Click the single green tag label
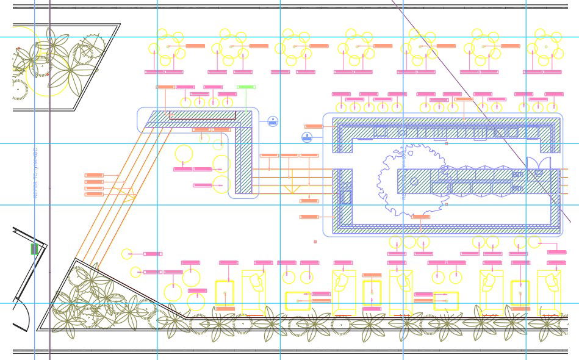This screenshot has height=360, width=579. click(246, 87)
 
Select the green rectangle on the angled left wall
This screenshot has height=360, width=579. click(34, 249)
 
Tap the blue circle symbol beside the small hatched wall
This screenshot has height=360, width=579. click(273, 121)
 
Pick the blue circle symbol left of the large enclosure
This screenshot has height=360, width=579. click(307, 137)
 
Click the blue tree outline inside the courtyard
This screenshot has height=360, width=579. click(405, 177)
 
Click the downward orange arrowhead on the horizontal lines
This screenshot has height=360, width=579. click(292, 190)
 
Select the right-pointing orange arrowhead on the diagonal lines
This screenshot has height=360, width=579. click(129, 196)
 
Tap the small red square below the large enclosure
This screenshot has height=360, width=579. click(315, 242)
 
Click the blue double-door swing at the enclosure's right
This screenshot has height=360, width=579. click(538, 164)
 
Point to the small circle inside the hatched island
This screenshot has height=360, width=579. click(414, 181)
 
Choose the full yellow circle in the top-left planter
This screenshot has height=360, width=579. click(48, 76)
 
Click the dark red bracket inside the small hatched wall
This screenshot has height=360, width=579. click(202, 115)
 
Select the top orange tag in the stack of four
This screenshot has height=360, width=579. click(94, 176)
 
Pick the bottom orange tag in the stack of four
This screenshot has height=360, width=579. click(94, 194)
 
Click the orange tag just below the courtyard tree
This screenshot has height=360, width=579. click(420, 217)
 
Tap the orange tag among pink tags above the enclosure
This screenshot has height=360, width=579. click(464, 99)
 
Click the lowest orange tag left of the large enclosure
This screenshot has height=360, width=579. click(309, 217)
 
